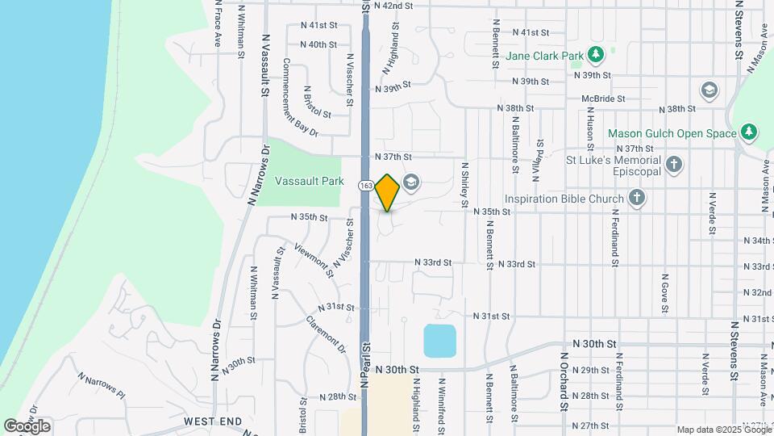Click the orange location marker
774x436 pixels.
[x=388, y=192]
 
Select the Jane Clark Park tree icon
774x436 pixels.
[x=596, y=55]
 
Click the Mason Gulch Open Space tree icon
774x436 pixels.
[x=749, y=132]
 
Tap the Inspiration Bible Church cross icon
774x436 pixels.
[x=637, y=198]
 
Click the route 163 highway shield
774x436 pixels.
[x=366, y=186]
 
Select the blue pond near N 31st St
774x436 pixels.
[x=439, y=340]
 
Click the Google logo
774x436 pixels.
[x=27, y=426]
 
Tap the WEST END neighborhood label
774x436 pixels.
[x=213, y=421]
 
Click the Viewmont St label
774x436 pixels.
[x=313, y=259]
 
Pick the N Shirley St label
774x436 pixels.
[x=465, y=184]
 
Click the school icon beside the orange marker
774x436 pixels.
[x=411, y=182]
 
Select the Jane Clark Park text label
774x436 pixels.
[x=544, y=57]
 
